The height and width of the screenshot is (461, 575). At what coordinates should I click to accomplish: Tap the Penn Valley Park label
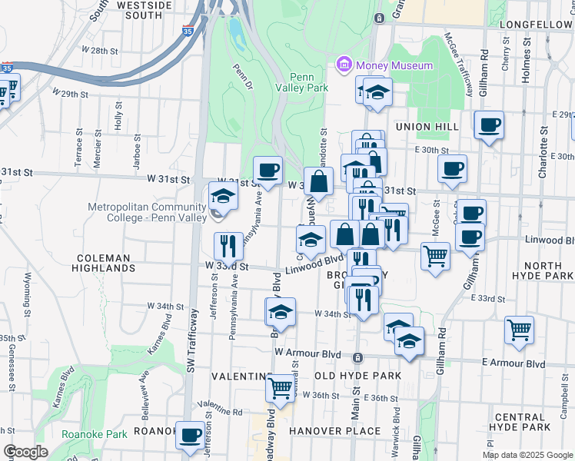309,82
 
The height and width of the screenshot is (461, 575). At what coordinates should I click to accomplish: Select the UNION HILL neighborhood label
427,126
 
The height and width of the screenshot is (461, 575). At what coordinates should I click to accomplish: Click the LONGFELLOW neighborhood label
536,25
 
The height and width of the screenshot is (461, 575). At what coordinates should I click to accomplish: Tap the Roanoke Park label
95,434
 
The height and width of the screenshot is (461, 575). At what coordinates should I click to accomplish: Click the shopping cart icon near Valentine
281,386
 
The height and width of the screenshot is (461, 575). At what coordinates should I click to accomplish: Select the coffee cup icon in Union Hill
489,124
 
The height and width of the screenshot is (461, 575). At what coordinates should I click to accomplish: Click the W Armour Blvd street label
307,353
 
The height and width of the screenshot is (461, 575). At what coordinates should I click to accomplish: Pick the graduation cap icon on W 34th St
281,313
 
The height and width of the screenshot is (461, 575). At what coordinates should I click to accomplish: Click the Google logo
26,452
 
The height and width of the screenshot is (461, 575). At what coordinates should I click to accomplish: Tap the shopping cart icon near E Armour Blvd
520,330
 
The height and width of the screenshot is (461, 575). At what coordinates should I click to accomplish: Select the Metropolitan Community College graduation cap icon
223,196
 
